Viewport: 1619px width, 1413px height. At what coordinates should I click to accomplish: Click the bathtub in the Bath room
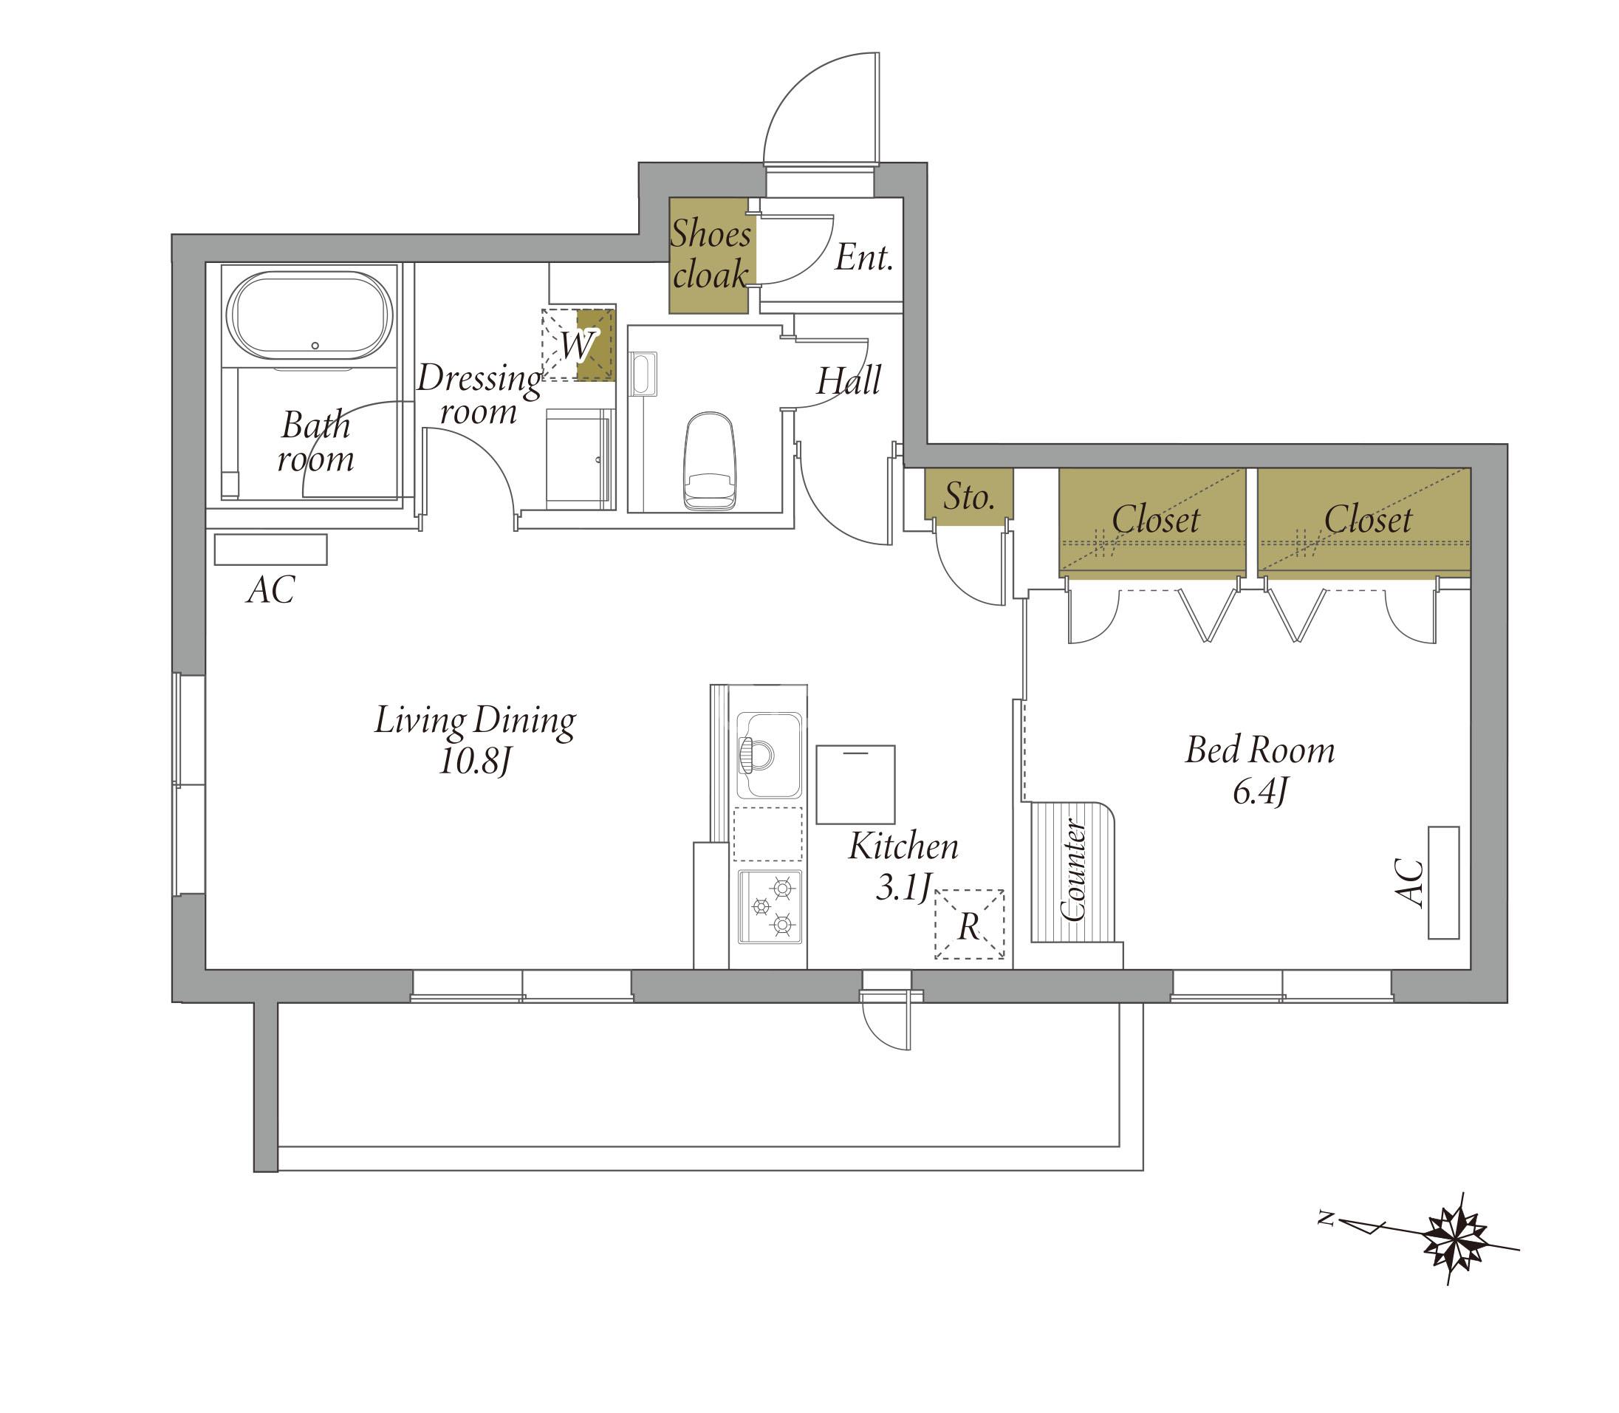309,315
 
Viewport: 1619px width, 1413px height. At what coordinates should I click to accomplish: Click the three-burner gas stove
770,907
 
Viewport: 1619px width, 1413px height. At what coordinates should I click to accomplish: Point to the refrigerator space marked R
969,924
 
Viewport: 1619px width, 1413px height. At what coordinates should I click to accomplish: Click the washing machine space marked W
578,345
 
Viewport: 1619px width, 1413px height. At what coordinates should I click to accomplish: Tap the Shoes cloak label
711,254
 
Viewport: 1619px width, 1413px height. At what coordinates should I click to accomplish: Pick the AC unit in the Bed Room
1443,883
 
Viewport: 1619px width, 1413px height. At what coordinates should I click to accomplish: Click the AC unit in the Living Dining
270,550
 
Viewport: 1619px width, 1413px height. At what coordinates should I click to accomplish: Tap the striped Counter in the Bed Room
1073,872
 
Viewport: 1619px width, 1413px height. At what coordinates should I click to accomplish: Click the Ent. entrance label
864,258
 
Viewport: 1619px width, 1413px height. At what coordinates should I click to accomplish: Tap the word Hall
849,382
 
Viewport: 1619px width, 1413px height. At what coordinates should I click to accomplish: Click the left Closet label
1155,519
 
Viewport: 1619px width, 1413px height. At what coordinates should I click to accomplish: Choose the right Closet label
1368,519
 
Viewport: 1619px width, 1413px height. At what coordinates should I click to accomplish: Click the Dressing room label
479,394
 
